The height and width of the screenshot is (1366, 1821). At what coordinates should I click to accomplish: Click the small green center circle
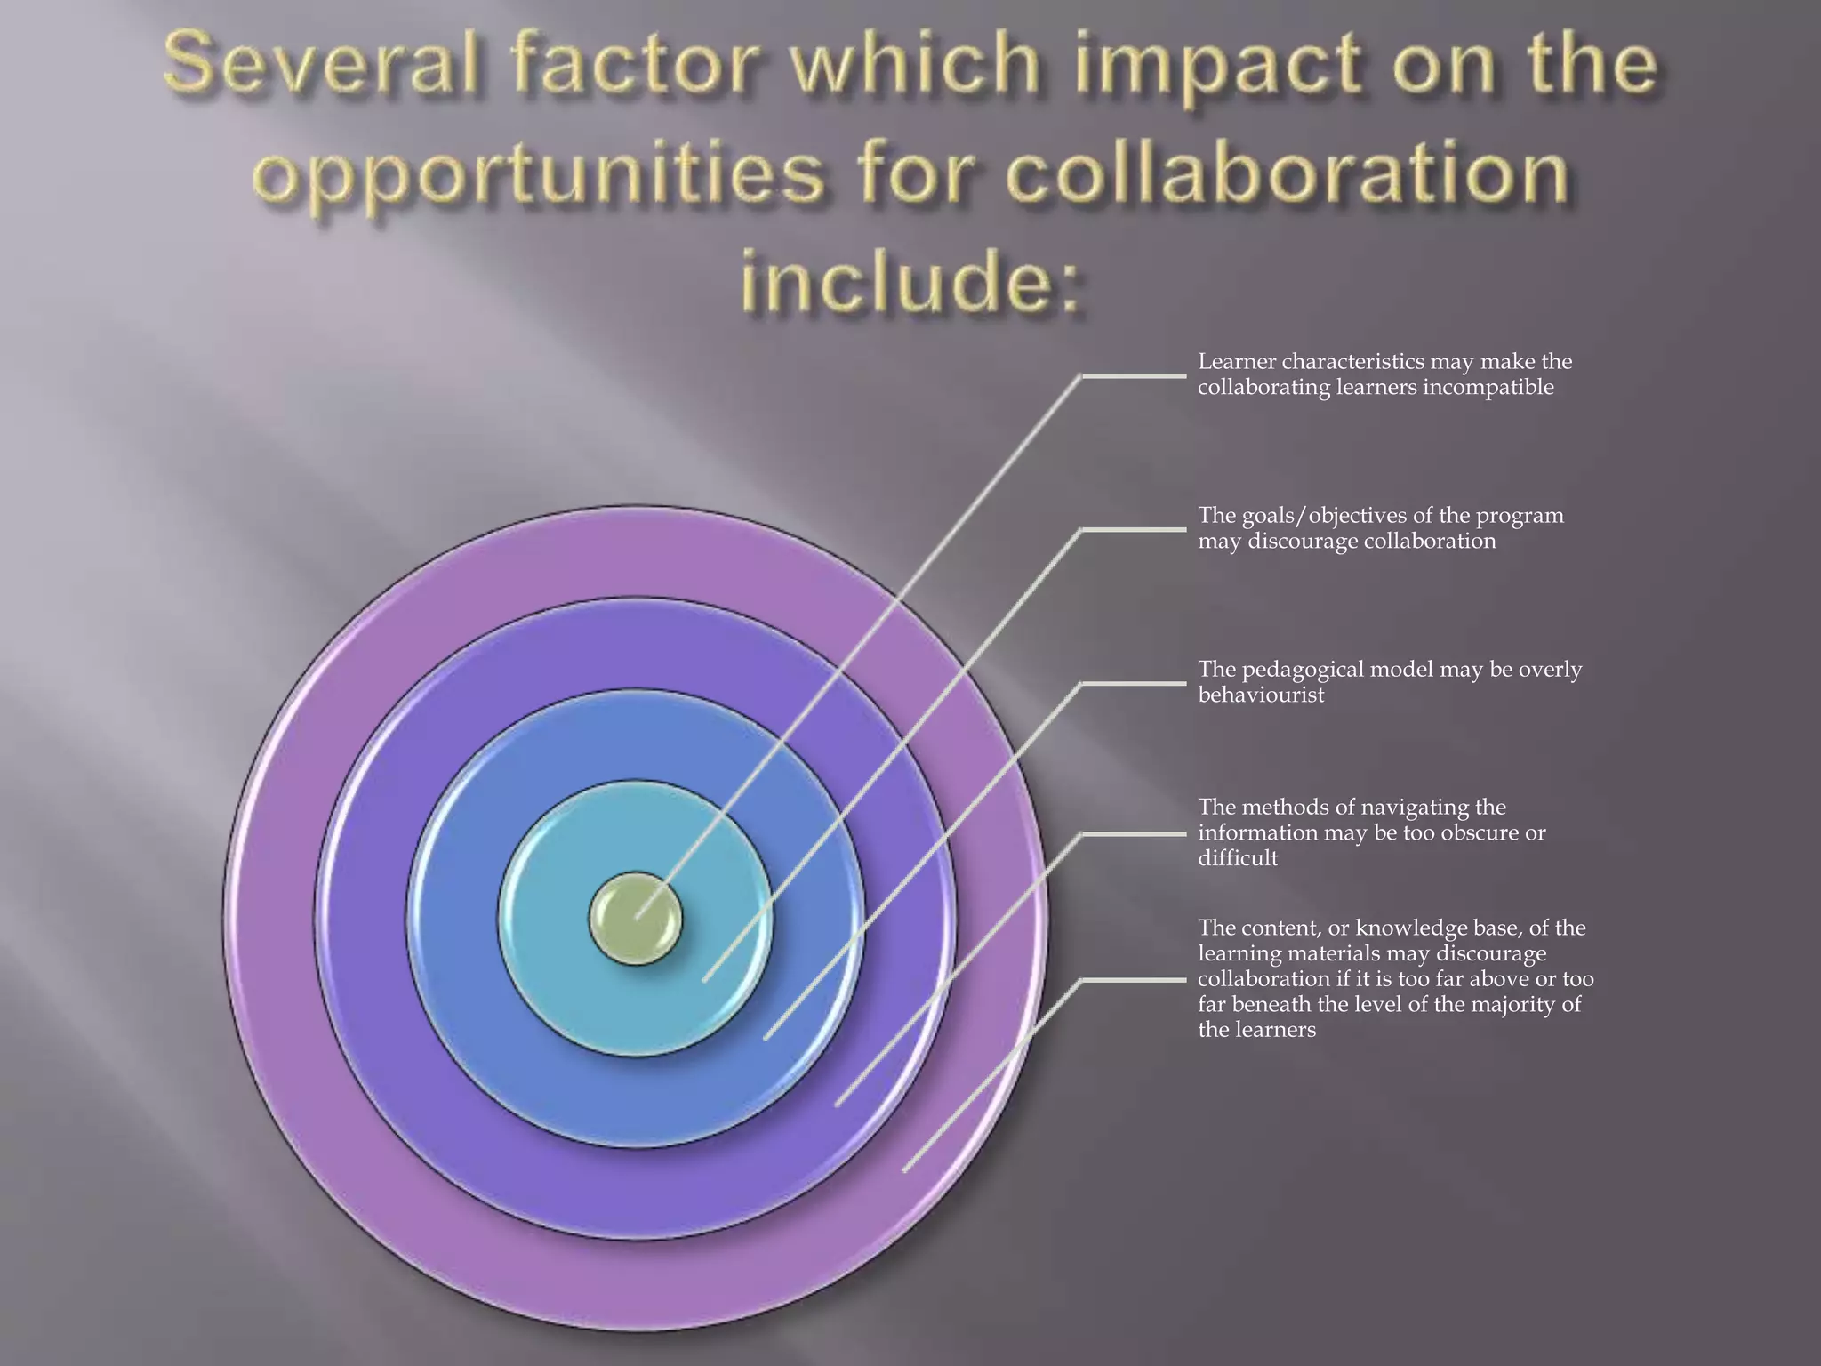pos(635,919)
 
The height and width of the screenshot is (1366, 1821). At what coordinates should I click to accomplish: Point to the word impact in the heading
pos(1215,68)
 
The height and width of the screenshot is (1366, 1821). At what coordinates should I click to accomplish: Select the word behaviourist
pos(1261,695)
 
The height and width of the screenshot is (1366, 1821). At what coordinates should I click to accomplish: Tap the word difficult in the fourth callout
pos(1238,858)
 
